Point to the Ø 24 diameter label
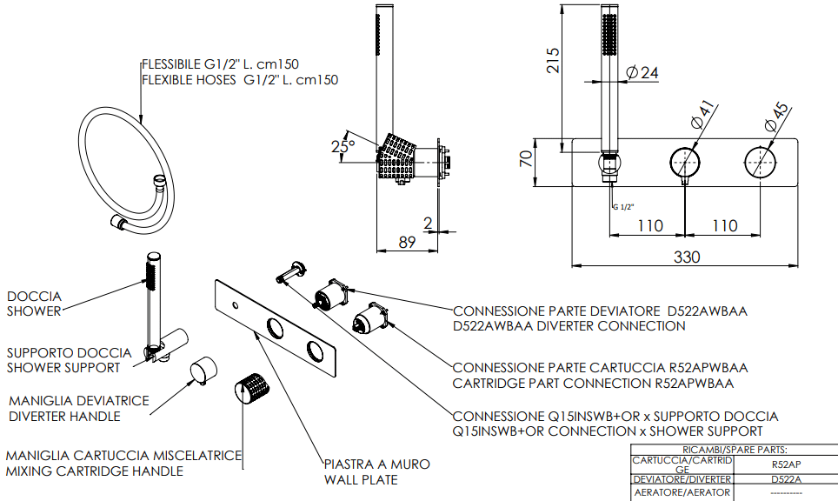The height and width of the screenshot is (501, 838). [642, 73]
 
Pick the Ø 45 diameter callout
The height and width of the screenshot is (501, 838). [777, 114]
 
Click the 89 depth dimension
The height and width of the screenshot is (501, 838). [407, 243]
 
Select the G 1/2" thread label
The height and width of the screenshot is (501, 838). [622, 206]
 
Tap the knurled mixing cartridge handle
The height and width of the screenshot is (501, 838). [251, 387]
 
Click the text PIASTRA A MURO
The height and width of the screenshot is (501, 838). [376, 464]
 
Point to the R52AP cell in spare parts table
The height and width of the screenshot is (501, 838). [786, 464]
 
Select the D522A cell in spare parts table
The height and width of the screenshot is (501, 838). [786, 479]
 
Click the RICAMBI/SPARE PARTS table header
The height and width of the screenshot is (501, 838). [735, 450]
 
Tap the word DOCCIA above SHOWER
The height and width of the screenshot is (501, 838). [33, 296]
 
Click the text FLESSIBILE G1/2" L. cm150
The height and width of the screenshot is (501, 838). [221, 64]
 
